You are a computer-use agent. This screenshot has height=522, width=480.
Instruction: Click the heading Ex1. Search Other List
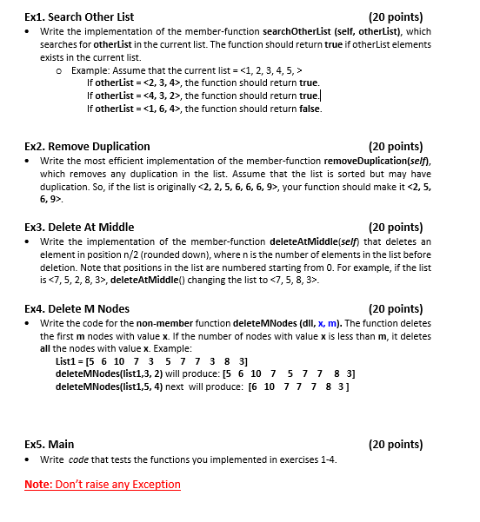tap(79, 17)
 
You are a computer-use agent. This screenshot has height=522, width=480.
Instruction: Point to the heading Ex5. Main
tap(50, 444)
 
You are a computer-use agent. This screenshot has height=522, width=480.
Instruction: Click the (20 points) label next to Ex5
tap(396, 444)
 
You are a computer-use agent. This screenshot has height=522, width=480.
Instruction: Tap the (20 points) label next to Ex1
tap(396, 17)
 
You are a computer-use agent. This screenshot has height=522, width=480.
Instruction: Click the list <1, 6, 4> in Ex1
tap(159, 109)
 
